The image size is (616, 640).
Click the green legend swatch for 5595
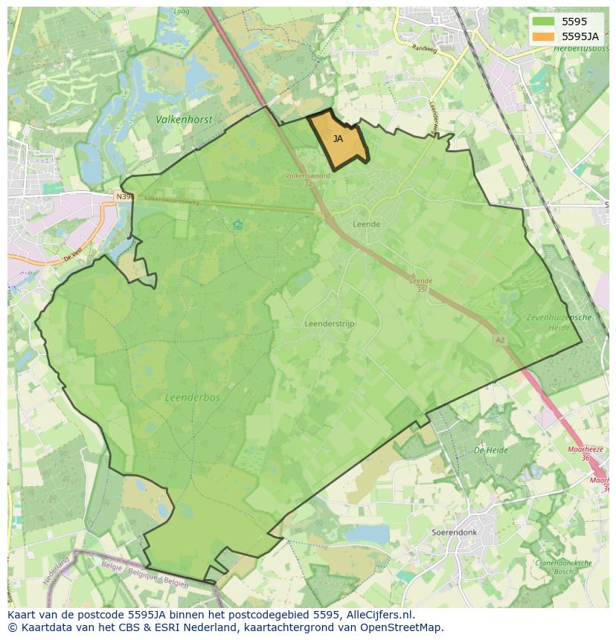point(543,22)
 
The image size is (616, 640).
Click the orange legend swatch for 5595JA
point(543,36)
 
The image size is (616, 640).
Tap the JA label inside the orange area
point(338,139)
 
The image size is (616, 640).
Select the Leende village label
point(366,224)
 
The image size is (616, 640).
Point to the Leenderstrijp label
point(330,324)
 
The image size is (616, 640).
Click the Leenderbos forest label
point(193,398)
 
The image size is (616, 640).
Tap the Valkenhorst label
point(184,120)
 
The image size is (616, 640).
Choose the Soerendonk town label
point(453,533)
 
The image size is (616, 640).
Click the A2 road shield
point(499,340)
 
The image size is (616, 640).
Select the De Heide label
point(491,450)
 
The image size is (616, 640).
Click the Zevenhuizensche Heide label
point(559,322)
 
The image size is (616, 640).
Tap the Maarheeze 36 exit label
point(583,453)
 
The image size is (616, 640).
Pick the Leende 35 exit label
point(420,285)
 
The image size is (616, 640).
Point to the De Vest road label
point(74,254)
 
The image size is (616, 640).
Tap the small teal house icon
point(237,224)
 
